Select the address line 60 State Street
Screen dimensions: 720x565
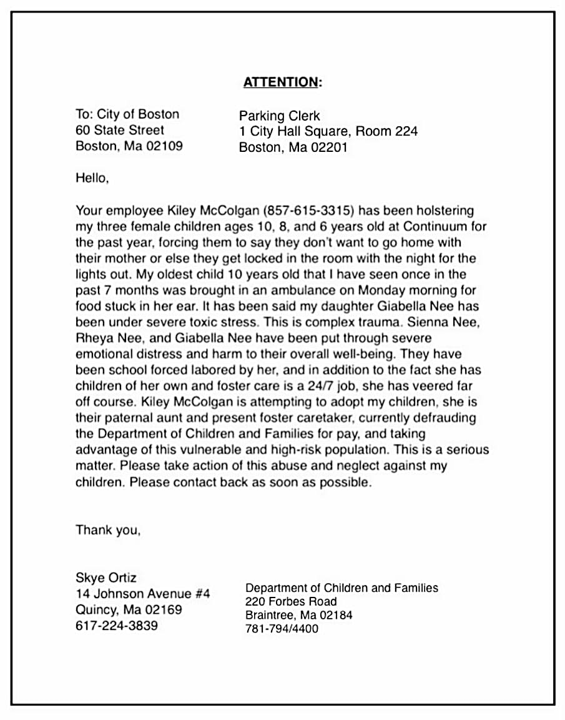120,130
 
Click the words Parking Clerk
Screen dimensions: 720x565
279,116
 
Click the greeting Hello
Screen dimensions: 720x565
92,177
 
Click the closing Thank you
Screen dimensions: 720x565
108,530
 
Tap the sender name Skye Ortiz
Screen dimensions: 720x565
106,577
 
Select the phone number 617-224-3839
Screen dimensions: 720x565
117,625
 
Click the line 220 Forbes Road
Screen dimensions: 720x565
291,601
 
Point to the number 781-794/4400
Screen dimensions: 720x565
282,629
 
